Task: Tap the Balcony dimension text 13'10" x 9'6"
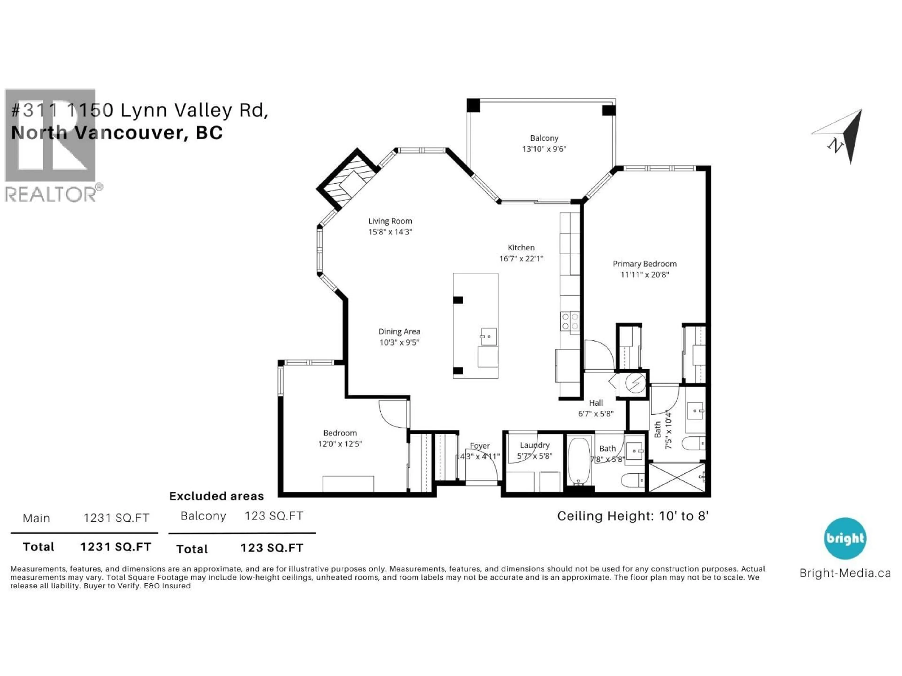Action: pyautogui.click(x=544, y=149)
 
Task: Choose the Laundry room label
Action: pyautogui.click(x=535, y=445)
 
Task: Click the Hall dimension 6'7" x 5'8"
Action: pyautogui.click(x=596, y=414)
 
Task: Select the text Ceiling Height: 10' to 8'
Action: pyautogui.click(x=633, y=516)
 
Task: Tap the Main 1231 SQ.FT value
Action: pyautogui.click(x=116, y=518)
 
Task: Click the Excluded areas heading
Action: pyautogui.click(x=217, y=496)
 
